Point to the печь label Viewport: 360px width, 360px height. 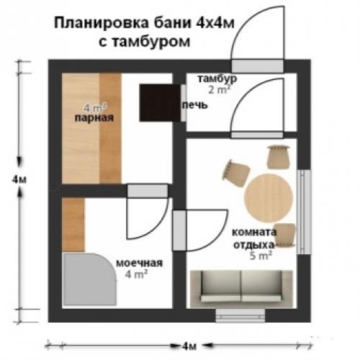(x=195, y=105)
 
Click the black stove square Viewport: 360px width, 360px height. (x=159, y=102)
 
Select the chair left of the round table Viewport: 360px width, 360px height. (x=235, y=171)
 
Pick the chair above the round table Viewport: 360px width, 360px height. (x=277, y=156)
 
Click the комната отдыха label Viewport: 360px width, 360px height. (x=253, y=238)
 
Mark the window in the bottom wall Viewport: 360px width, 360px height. (x=242, y=314)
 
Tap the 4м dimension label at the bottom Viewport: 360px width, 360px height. (x=189, y=346)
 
